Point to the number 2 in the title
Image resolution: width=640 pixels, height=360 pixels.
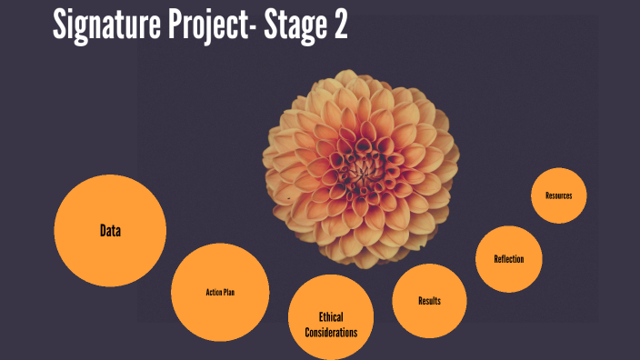(x=339, y=26)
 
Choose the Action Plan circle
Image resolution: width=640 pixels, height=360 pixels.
(x=220, y=292)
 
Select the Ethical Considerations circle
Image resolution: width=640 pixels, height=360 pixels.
(x=332, y=314)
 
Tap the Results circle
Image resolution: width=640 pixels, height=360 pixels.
(x=430, y=300)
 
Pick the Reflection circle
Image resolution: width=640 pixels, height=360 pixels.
(x=508, y=259)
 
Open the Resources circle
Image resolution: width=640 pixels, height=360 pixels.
(x=559, y=195)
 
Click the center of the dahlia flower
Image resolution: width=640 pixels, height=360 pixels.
(x=363, y=167)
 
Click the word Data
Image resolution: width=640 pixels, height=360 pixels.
(x=110, y=231)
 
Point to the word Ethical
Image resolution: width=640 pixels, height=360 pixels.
(x=331, y=316)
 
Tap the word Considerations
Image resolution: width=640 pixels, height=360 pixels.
(x=331, y=332)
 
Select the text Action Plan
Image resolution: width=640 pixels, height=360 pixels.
(x=220, y=292)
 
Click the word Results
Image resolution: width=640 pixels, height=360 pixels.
(x=430, y=301)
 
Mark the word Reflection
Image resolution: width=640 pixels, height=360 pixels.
(x=508, y=259)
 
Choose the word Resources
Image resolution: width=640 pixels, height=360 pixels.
(x=559, y=195)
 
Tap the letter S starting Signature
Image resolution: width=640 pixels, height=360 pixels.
(x=61, y=26)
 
